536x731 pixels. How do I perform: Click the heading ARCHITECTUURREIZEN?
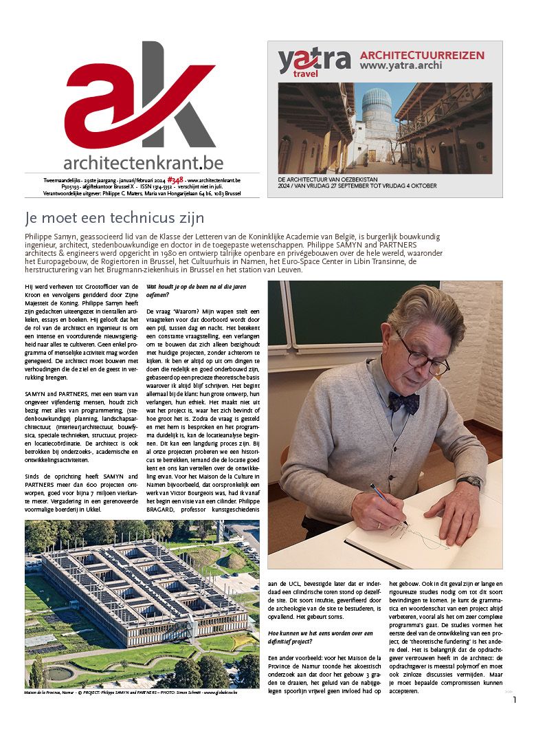point(422,55)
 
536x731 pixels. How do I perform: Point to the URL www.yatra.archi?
point(401,66)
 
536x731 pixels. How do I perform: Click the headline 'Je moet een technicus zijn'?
point(114,219)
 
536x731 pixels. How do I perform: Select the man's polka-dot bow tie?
point(403,401)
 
